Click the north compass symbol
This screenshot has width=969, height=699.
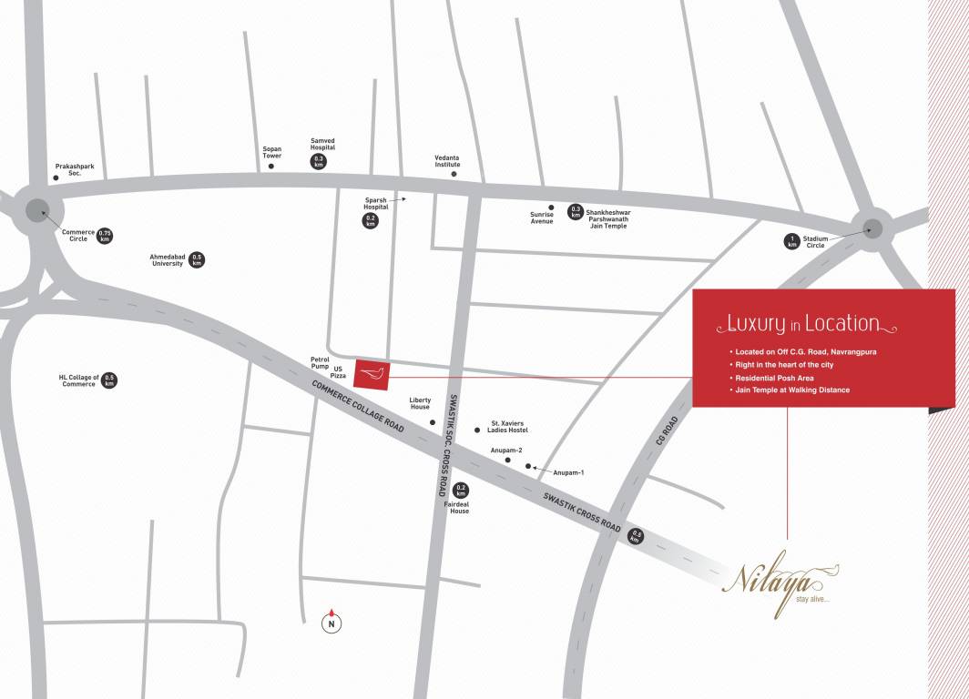tap(332, 623)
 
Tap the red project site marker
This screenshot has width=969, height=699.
tap(372, 372)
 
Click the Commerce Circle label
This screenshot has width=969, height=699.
tap(78, 235)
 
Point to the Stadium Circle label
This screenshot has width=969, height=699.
tap(815, 241)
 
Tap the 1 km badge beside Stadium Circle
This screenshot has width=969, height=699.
tap(791, 241)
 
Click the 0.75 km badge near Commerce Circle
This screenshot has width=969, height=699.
tap(105, 236)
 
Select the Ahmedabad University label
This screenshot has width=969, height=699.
tap(167, 259)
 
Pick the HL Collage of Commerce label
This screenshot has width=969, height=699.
tap(77, 380)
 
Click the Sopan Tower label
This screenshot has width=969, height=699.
tap(272, 152)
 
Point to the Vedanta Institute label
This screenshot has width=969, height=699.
tap(447, 160)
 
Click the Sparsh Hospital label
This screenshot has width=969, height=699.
tap(376, 202)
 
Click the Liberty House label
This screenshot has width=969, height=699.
tap(420, 403)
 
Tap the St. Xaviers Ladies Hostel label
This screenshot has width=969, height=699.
tap(509, 426)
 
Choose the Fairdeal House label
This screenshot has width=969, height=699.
tap(459, 508)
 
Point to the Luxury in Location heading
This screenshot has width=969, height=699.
tap(802, 323)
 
